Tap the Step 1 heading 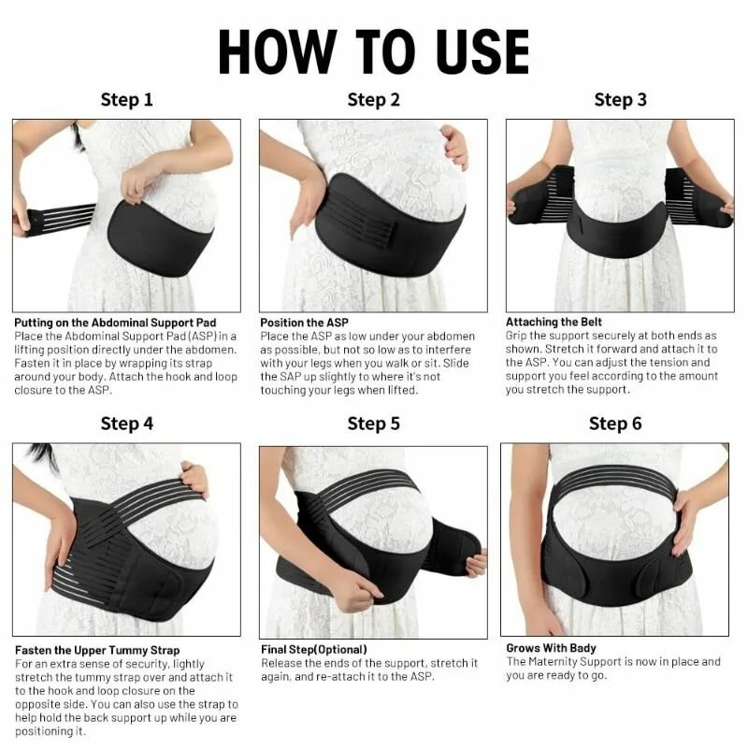tap(126, 100)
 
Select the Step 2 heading tap(373, 100)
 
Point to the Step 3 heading tap(620, 100)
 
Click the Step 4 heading tap(126, 424)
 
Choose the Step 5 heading tap(373, 424)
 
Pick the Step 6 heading tap(615, 424)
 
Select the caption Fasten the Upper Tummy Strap tap(97, 650)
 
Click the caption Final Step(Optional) tap(313, 649)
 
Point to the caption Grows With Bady tap(551, 648)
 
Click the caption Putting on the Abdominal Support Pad tap(117, 323)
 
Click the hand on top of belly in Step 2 tap(455, 146)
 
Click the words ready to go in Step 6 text tap(585, 676)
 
